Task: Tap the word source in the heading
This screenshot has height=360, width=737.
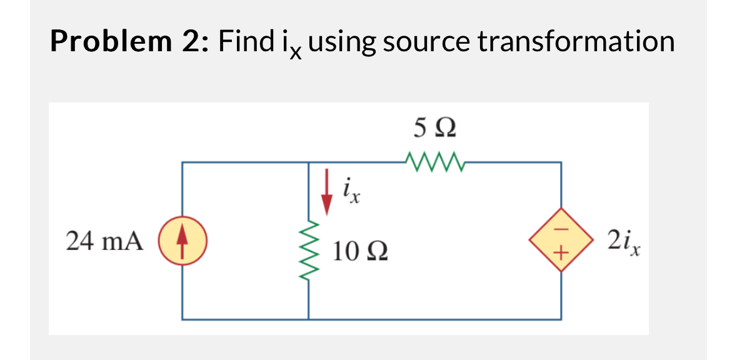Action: click(x=426, y=42)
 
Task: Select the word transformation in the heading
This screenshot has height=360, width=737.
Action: click(x=576, y=42)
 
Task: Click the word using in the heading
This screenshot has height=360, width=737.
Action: click(x=341, y=42)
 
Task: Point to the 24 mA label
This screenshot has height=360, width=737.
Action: click(x=104, y=240)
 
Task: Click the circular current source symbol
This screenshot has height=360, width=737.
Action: click(x=183, y=241)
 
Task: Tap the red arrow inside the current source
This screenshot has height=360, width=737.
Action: click(x=183, y=241)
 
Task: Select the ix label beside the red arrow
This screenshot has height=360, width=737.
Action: click(x=351, y=191)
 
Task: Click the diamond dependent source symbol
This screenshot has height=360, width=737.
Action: click(x=560, y=241)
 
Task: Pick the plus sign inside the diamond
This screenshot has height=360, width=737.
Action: click(x=560, y=253)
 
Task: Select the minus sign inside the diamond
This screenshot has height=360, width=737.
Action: click(x=560, y=228)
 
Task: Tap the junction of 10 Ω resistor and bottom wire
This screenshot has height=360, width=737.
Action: click(x=308, y=319)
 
